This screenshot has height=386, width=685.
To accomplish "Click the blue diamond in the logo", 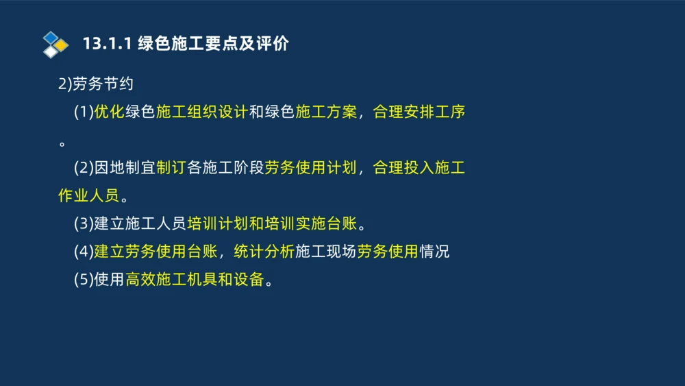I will (x=50, y=37).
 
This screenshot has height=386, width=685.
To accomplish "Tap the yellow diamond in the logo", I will (x=62, y=45).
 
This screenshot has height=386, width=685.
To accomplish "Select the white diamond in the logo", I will (x=51, y=52).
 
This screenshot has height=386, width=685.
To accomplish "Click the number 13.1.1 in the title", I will (x=106, y=45).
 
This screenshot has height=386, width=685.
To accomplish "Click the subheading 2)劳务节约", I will (x=95, y=84).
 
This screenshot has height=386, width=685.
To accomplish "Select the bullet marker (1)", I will (x=83, y=112).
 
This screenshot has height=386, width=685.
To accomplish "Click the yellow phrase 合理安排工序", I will (x=419, y=112).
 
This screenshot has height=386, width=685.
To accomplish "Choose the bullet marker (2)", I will (x=83, y=168).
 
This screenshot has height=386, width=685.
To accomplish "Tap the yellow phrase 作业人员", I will (x=88, y=196).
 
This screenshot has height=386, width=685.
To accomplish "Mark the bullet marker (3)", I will (x=83, y=224).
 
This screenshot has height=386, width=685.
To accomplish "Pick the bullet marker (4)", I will (x=83, y=252).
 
